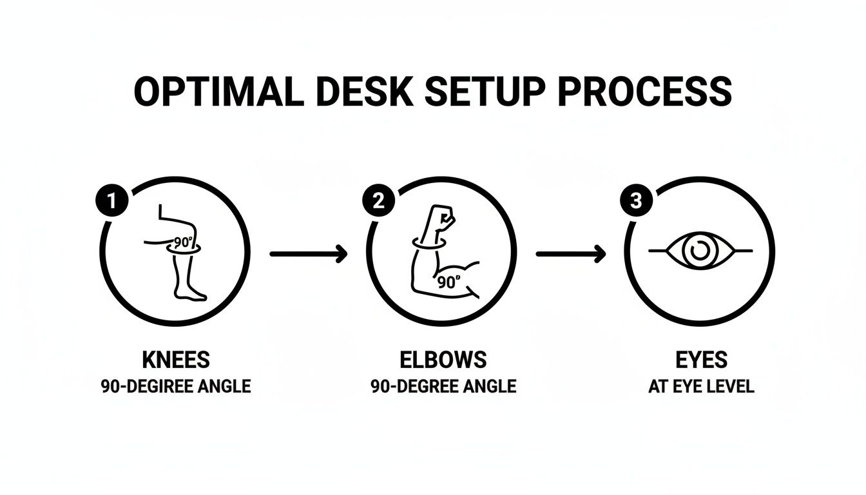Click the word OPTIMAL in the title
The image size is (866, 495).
[218, 92]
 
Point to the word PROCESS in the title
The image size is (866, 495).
[645, 92]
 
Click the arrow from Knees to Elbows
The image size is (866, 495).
[308, 254]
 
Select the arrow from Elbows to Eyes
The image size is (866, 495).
[571, 254]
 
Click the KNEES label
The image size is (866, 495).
[175, 360]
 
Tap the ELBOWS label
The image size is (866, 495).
[443, 360]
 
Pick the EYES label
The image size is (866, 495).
[701, 360]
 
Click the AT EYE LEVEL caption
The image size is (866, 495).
[701, 387]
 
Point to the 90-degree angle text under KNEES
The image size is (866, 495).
[175, 387]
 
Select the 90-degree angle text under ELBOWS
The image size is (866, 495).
[443, 387]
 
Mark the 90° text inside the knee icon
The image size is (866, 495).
[185, 246]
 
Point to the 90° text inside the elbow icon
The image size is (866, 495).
[449, 282]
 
